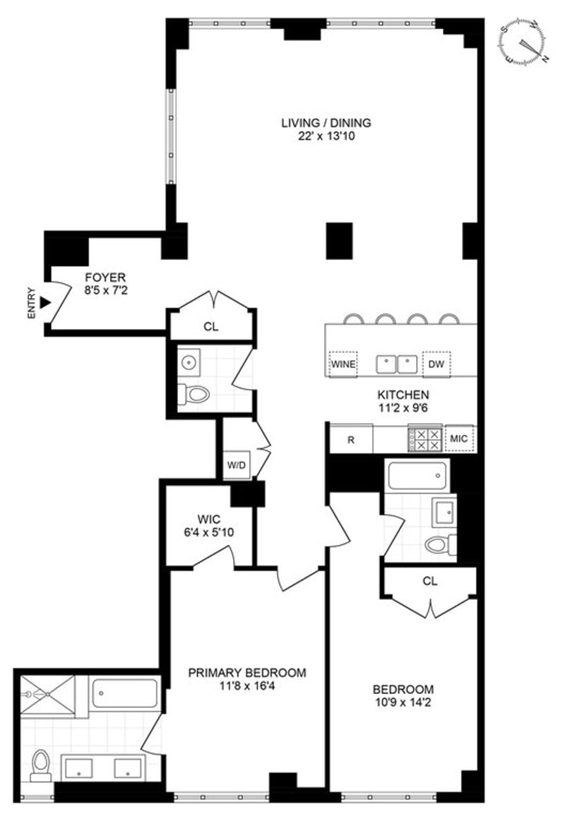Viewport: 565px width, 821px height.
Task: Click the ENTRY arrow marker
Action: [x=46, y=302]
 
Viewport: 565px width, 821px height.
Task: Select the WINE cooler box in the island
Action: [x=343, y=364]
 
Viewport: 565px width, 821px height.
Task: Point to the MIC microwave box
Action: [x=459, y=439]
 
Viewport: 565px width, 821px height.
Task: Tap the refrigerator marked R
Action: [x=350, y=439]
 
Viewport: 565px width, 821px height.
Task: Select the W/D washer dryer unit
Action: [x=235, y=465]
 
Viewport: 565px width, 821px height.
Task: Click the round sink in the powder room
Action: [x=189, y=363]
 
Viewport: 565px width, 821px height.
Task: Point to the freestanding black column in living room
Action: [x=339, y=240]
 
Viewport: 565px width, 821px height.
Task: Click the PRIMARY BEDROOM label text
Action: [x=247, y=673]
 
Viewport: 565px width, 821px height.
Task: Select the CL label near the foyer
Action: [x=210, y=327]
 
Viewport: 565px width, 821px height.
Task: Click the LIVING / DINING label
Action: [x=326, y=123]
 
